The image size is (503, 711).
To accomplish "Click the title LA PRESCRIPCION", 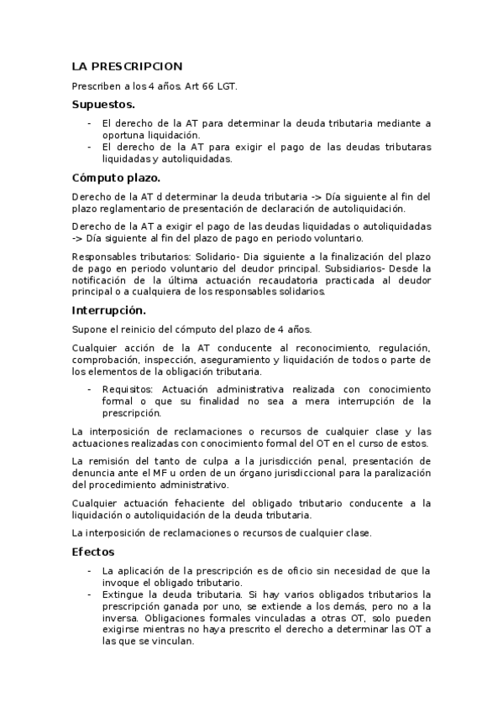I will pyautogui.click(x=127, y=66).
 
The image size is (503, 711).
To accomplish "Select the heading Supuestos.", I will pyautogui.click(x=103, y=105).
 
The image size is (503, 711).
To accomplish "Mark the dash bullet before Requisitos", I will pyautogui.click(x=90, y=390).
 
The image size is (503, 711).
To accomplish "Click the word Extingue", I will pyautogui.click(x=124, y=594).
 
